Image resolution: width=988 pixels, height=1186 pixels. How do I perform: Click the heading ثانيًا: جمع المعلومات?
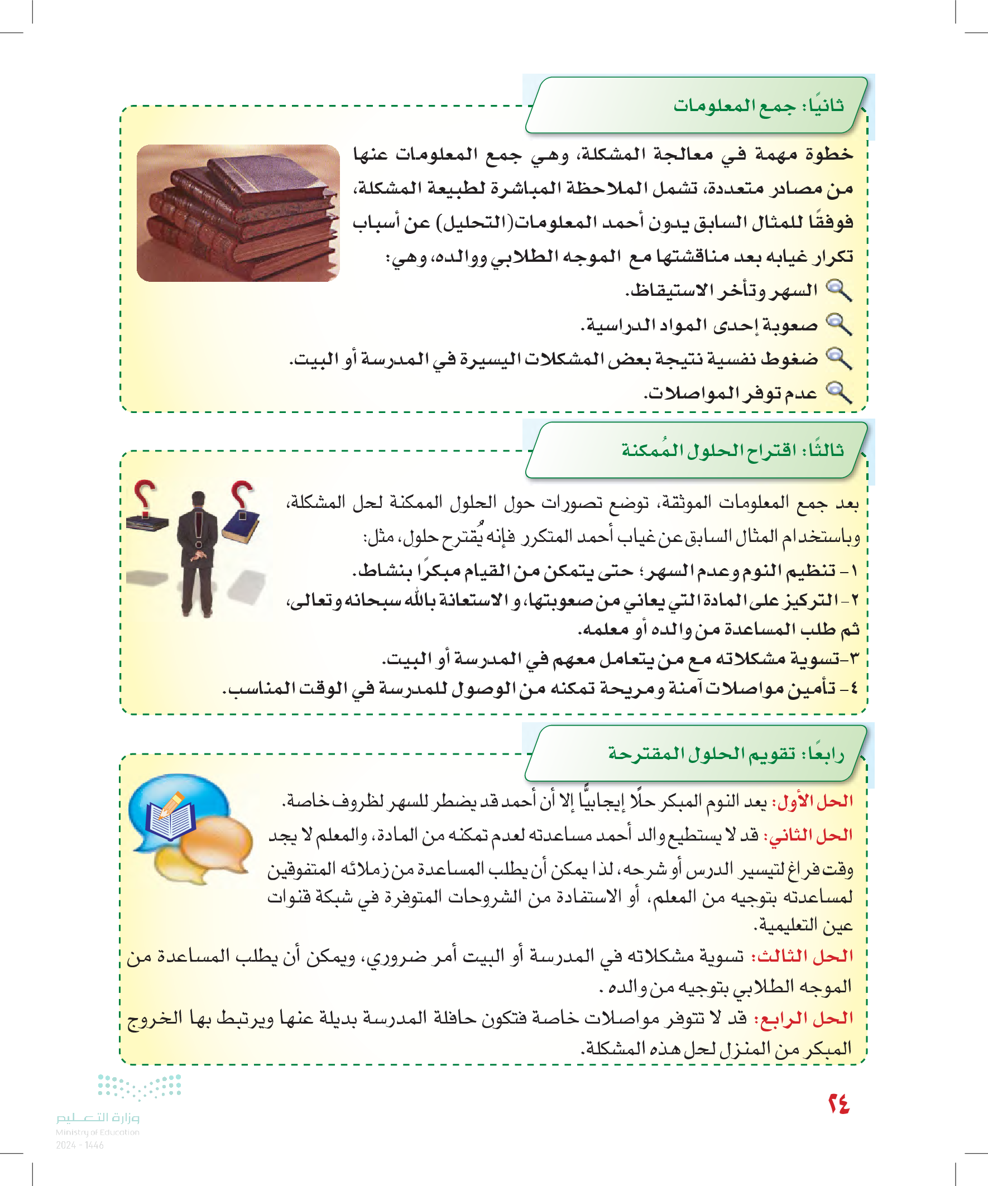click(758, 106)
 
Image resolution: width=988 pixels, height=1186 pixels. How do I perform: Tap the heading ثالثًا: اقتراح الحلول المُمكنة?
click(732, 450)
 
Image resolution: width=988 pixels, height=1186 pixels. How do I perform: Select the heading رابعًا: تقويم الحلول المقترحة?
click(726, 753)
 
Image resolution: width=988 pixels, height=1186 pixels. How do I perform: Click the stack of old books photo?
click(238, 213)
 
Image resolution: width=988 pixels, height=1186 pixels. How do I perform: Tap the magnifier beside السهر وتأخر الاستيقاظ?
click(839, 290)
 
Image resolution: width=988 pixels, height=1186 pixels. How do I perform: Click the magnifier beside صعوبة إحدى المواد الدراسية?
click(839, 325)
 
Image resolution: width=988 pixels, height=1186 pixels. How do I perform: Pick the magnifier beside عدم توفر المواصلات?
click(839, 392)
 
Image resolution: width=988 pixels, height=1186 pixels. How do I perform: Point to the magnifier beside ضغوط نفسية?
click(839, 358)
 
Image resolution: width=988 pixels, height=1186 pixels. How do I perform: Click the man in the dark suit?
click(197, 554)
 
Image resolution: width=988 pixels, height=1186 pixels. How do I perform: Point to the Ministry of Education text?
click(97, 1132)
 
